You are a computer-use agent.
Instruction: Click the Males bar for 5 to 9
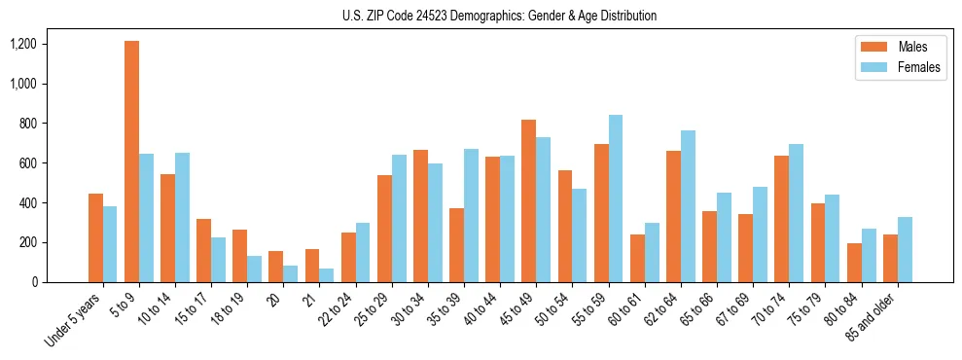tap(131, 162)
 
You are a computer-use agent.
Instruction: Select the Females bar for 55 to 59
tap(616, 198)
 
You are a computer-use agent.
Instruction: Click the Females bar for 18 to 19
tap(255, 270)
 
